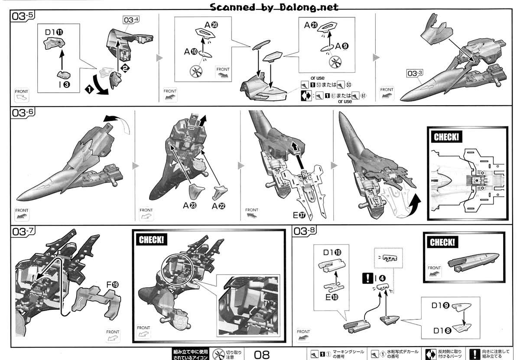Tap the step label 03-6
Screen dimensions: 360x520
[x=23, y=113]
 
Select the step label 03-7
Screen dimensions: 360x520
[x=23, y=230]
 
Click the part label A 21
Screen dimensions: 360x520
[x=312, y=25]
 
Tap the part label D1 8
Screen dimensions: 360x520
[x=442, y=331]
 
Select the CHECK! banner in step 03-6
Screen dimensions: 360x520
[x=446, y=137]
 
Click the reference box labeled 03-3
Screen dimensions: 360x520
[x=414, y=74]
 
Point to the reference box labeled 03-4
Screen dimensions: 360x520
[x=131, y=19]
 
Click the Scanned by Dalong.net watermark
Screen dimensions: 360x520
[x=274, y=6]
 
